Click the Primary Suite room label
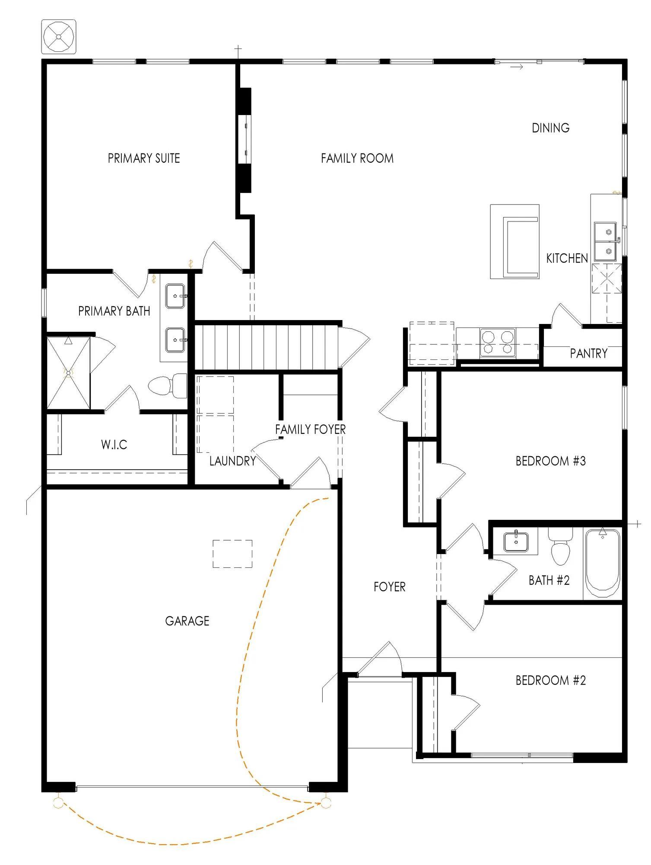tap(144, 158)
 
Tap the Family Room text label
tap(357, 158)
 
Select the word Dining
tap(550, 128)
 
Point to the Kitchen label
tap(567, 259)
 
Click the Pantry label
tap(588, 353)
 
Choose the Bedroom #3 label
tap(551, 461)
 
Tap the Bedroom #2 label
tap(551, 680)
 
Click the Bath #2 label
tap(549, 580)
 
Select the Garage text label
tap(187, 621)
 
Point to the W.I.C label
tap(114, 445)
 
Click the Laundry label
tap(233, 461)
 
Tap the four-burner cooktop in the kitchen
tap(497, 343)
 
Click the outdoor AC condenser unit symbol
tap(59, 36)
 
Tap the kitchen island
tap(514, 241)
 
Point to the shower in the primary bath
tap(68, 373)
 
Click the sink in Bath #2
tap(516, 542)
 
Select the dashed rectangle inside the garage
tap(232, 554)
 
